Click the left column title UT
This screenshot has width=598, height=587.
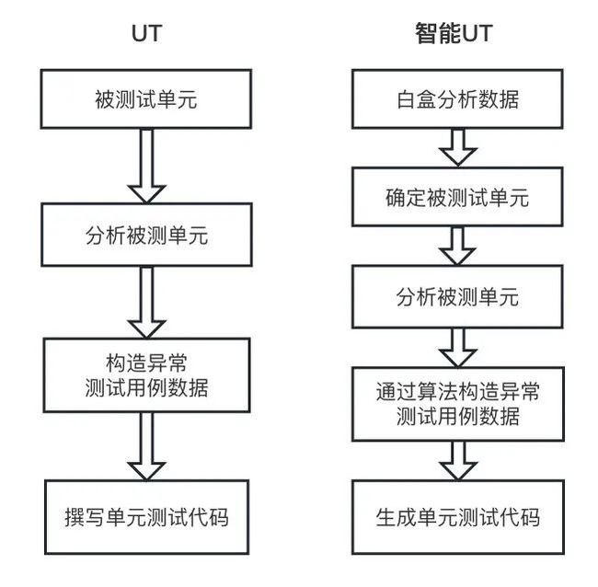point(147,33)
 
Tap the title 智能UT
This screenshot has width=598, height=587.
point(454,33)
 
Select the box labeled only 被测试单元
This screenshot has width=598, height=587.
point(146,98)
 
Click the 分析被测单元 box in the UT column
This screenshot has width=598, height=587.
point(146,235)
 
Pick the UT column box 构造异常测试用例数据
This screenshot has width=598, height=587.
point(146,375)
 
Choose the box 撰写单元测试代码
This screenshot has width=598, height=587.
point(147,517)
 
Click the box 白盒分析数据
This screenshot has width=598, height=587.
point(457,98)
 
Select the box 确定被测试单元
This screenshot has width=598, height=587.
point(457,197)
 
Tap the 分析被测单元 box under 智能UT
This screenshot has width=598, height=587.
point(457,296)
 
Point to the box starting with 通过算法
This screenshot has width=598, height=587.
point(457,404)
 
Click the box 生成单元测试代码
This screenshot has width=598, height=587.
point(457,517)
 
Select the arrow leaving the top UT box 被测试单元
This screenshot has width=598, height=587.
point(146,166)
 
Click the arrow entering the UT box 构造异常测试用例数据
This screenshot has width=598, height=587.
point(146,302)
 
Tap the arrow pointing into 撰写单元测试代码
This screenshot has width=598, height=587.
point(146,446)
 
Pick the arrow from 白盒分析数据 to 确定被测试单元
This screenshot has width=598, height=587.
point(457,148)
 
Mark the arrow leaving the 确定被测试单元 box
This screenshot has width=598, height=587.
point(457,246)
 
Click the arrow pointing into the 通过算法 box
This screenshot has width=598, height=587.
point(457,348)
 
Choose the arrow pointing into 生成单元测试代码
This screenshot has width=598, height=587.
point(457,461)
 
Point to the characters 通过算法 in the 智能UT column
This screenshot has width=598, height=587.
point(417,392)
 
